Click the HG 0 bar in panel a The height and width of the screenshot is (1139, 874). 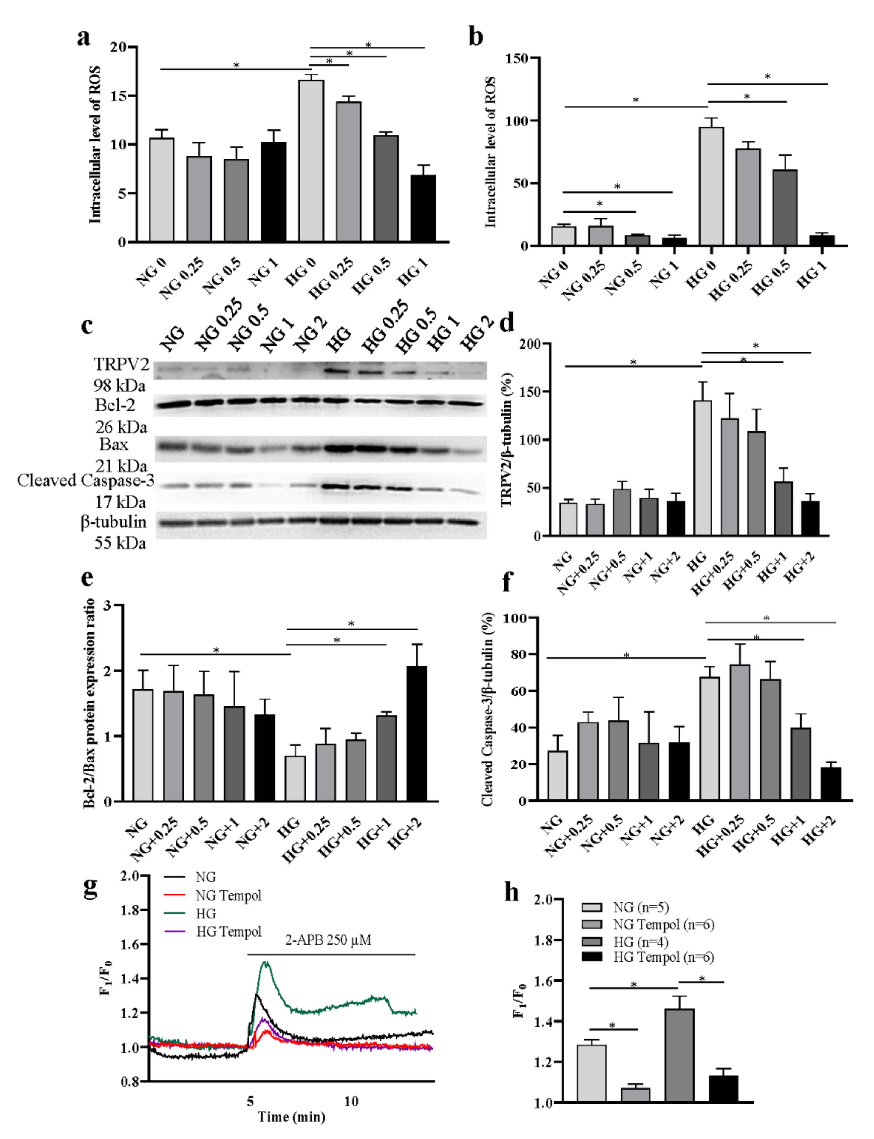pos(311,161)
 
